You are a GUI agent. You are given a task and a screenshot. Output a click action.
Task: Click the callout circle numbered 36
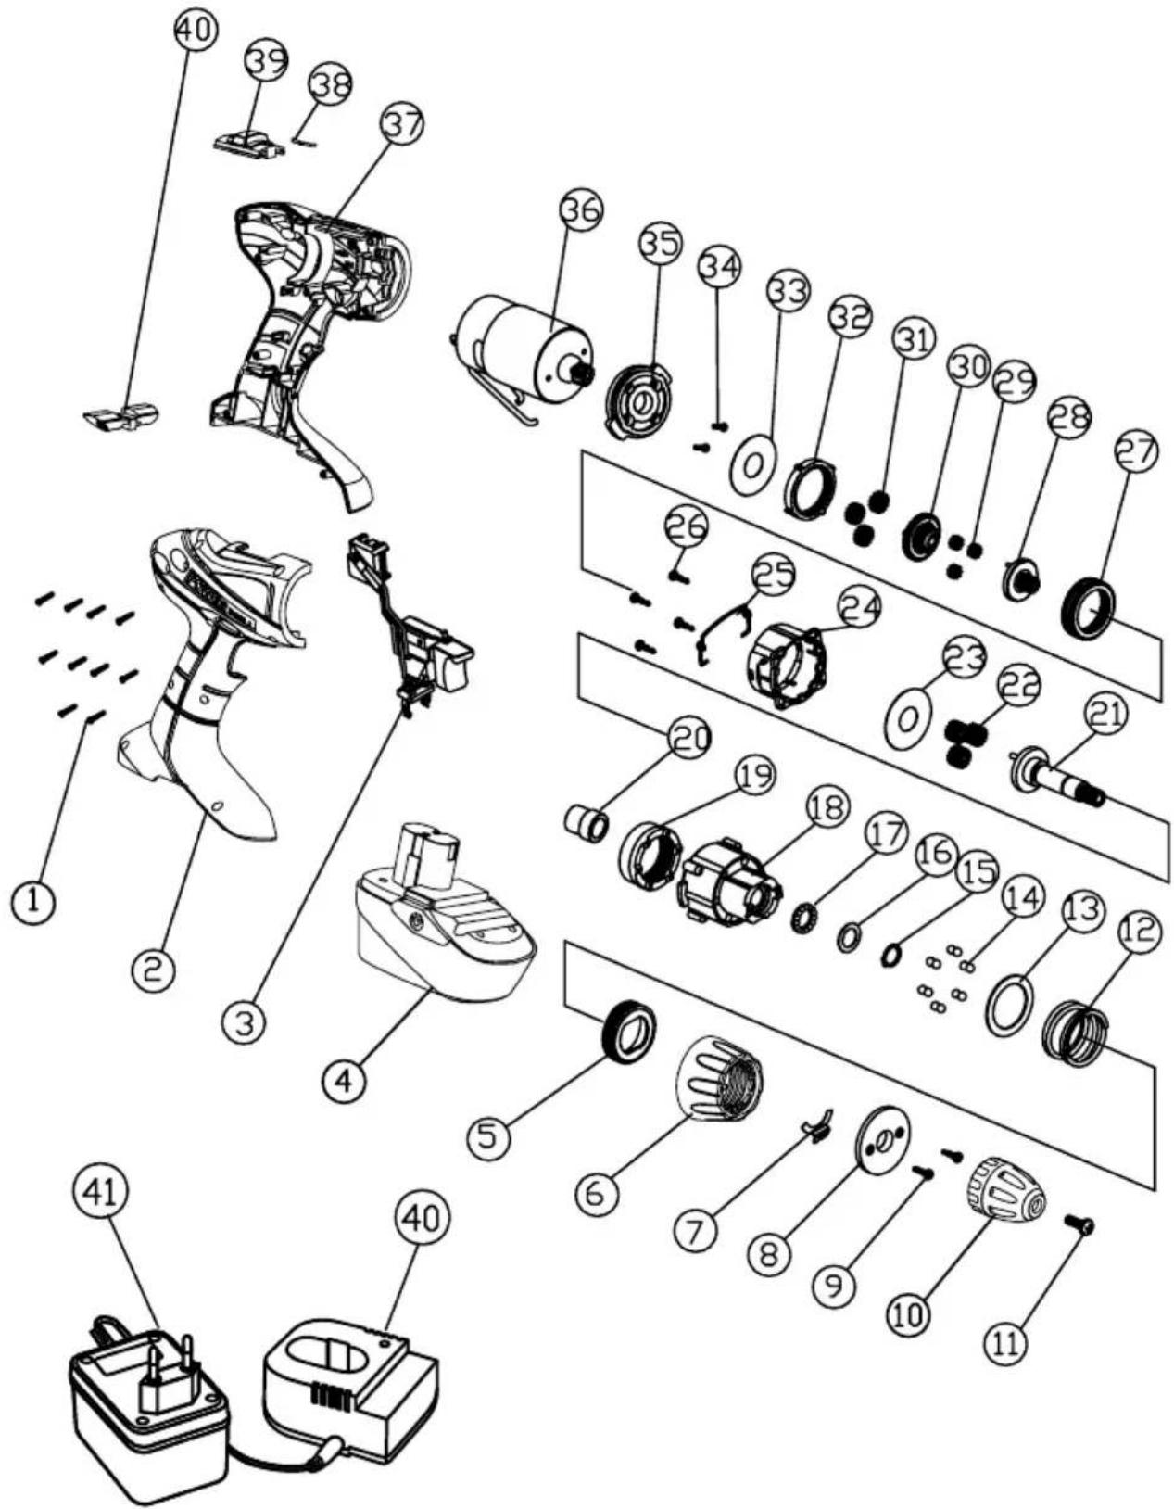pos(581,211)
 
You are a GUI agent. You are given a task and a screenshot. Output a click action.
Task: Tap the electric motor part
pos(524,348)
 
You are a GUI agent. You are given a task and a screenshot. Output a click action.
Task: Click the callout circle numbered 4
pos(344,1080)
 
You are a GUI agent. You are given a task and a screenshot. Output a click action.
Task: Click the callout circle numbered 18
pos(827,808)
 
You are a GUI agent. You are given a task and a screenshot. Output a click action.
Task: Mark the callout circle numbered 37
pos(401,124)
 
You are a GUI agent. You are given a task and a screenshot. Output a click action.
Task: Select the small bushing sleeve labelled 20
pos(587,820)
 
